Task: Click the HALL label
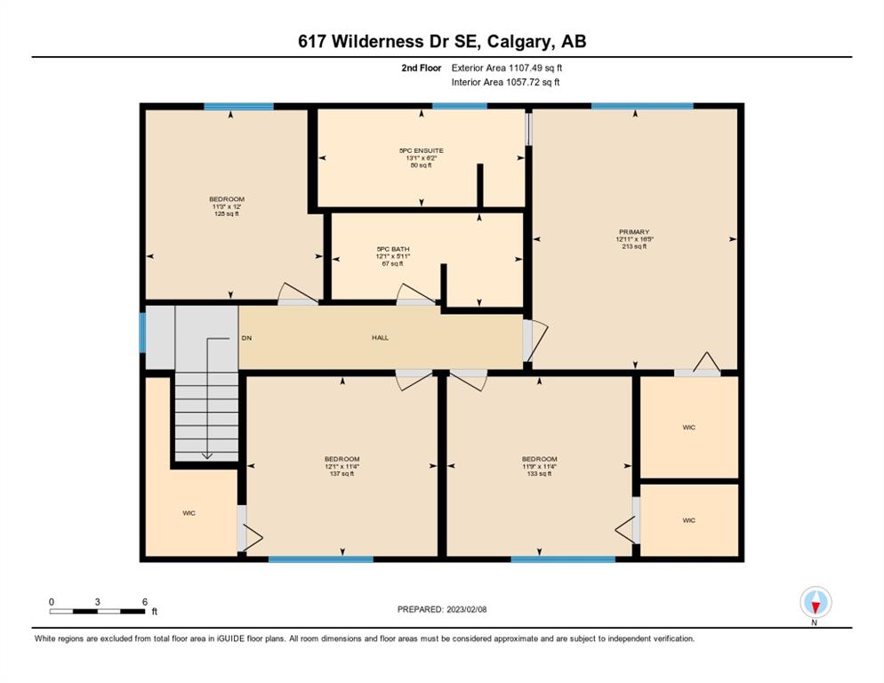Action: pos(380,338)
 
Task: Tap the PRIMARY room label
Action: pos(634,232)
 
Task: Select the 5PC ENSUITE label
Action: pos(422,150)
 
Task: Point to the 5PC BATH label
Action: pos(393,249)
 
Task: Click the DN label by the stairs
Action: pos(246,339)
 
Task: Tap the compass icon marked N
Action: pos(816,603)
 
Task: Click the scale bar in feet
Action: pos(97,611)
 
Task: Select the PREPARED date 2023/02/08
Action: pos(442,610)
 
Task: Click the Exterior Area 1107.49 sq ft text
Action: pos(507,68)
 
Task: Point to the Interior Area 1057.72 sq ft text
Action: pos(506,83)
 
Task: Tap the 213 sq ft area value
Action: pos(634,246)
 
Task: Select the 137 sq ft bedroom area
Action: pos(342,474)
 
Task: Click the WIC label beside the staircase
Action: pos(189,513)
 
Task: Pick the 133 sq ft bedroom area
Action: pos(540,474)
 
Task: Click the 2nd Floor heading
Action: pos(422,68)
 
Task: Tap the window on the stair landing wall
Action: pos(142,333)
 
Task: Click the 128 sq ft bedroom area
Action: pos(227,213)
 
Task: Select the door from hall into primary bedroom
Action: pos(534,341)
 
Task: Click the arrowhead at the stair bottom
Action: pos(207,455)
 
